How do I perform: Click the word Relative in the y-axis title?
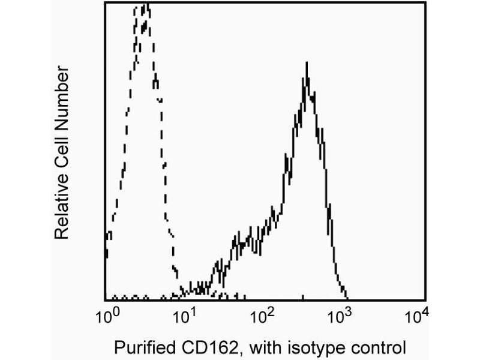coord(63,207)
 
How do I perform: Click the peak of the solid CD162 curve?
coord(307,63)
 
